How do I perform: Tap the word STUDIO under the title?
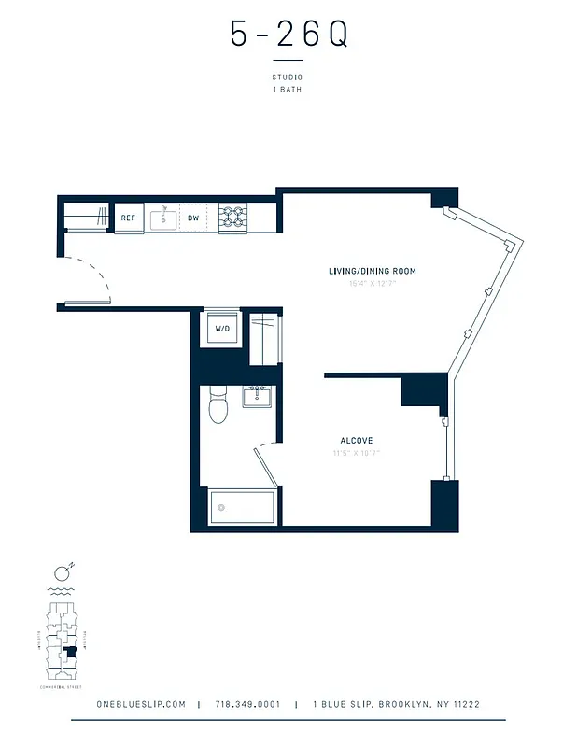pyautogui.click(x=288, y=78)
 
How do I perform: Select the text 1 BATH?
pyautogui.click(x=288, y=90)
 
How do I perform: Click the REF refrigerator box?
pyautogui.click(x=129, y=218)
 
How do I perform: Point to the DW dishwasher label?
pyautogui.click(x=193, y=218)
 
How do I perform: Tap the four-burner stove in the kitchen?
pyautogui.click(x=232, y=218)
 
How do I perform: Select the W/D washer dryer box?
pyautogui.click(x=223, y=329)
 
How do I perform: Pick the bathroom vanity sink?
pyautogui.click(x=257, y=397)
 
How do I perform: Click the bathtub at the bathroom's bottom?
pyautogui.click(x=242, y=508)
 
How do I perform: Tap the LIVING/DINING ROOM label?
pyautogui.click(x=372, y=272)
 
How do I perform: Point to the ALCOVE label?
pyautogui.click(x=357, y=440)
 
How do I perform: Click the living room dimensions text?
pyautogui.click(x=372, y=283)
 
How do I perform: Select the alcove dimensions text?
pyautogui.click(x=357, y=453)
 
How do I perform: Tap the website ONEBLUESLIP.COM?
pyautogui.click(x=141, y=705)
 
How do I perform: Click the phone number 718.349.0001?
pyautogui.click(x=247, y=705)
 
